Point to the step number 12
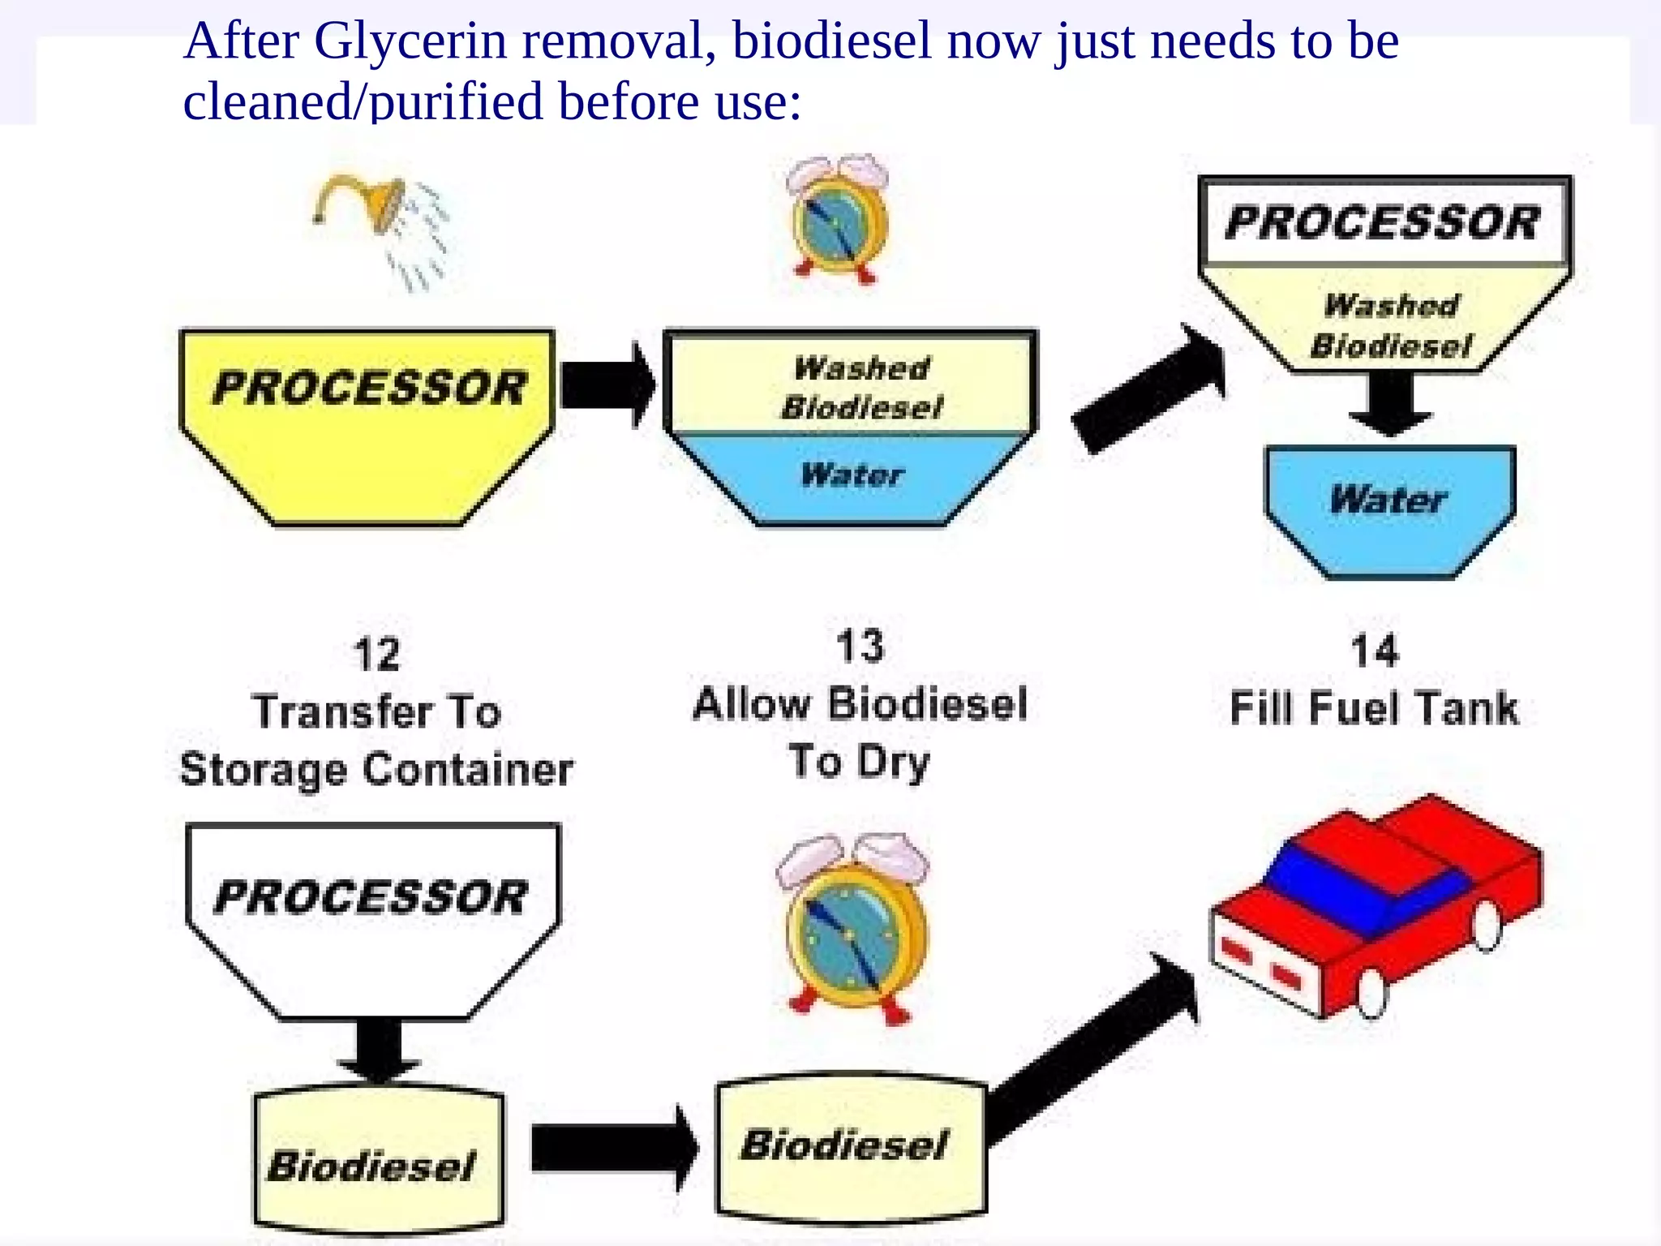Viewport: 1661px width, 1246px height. point(377,655)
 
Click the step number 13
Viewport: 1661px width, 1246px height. point(860,647)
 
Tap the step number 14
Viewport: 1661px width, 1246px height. point(1375,651)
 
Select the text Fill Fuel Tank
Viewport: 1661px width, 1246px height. point(1374,707)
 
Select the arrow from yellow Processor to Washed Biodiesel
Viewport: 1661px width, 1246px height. point(607,385)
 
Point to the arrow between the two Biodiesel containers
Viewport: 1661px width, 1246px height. point(613,1148)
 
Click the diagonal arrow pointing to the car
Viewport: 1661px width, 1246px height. point(1095,1046)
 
